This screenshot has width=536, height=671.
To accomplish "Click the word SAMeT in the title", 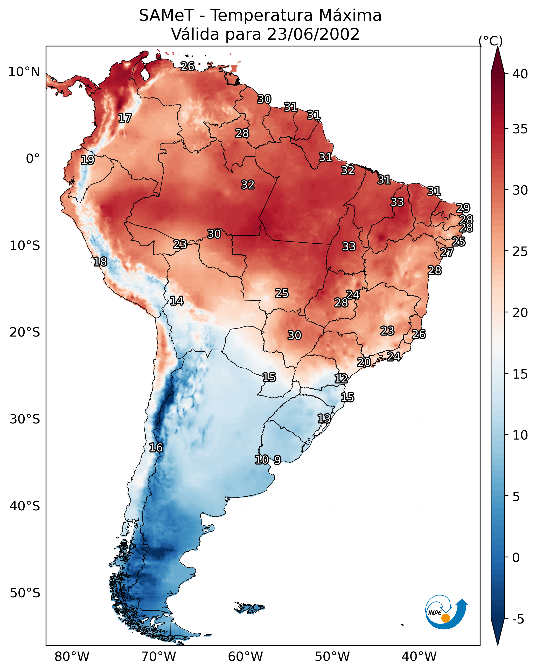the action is (x=166, y=16).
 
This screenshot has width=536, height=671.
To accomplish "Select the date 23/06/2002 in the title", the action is (x=313, y=34).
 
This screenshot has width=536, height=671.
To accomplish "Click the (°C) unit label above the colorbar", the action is (x=490, y=41).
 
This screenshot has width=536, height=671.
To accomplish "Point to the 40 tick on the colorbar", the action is (x=520, y=74).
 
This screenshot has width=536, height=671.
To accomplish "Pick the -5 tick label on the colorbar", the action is (x=518, y=619).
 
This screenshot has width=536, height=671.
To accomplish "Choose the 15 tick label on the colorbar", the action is (x=520, y=374).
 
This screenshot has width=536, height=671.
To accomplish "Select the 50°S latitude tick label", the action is (x=25, y=593).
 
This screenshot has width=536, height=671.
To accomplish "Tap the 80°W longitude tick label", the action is (x=72, y=657).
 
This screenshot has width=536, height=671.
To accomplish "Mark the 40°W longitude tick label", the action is (x=419, y=657).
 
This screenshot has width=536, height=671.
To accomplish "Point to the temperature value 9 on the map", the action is (x=277, y=460).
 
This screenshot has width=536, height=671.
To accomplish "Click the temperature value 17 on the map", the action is (x=125, y=118).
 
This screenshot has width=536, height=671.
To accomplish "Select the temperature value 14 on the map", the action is (x=177, y=301).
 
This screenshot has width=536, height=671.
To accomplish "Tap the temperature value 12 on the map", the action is (x=341, y=379).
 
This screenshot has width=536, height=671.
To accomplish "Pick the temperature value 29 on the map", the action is (x=463, y=208).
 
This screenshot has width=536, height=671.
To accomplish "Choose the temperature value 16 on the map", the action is (x=156, y=448).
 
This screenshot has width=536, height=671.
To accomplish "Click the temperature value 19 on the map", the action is (x=88, y=160).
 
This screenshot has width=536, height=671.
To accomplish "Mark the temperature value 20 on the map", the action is (x=364, y=362).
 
